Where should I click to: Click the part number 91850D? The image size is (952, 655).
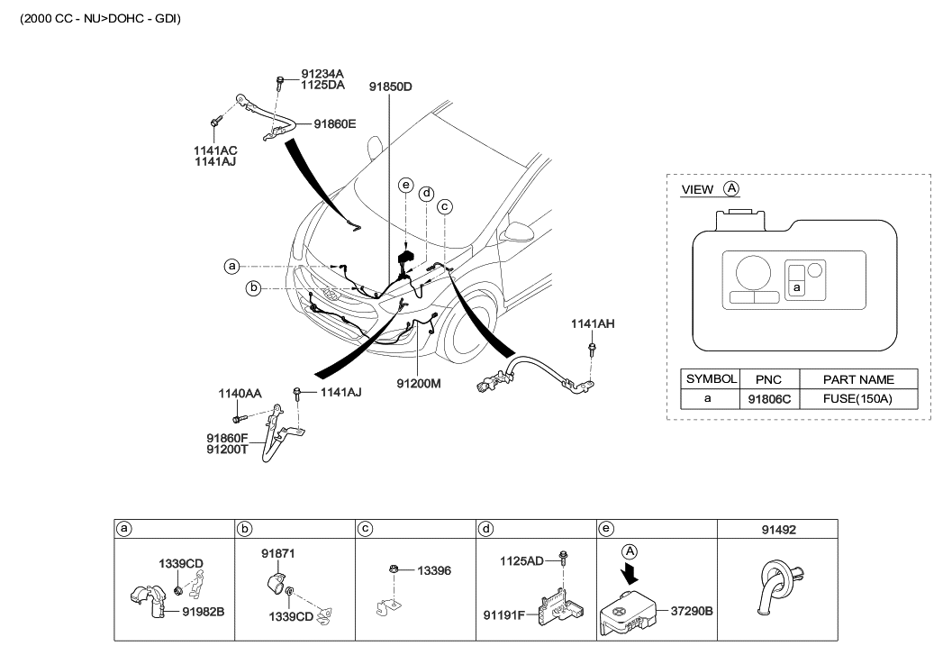pos(389,86)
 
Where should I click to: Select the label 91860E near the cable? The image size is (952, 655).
pos(334,124)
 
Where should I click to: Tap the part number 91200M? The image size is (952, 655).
pos(419,383)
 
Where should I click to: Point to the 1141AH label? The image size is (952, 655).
pos(592,323)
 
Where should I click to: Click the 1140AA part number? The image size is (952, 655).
pos(240,393)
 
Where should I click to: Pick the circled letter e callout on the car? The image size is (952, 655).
pos(406,186)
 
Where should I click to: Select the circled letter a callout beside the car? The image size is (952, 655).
pos(231,267)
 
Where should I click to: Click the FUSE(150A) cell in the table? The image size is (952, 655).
pos(858,398)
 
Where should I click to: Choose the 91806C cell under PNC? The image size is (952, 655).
pos(768,398)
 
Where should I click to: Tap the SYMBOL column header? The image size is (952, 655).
pos(711,379)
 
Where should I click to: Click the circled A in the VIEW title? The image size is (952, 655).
pos(731,189)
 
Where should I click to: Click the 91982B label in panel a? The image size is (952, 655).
pos(203,611)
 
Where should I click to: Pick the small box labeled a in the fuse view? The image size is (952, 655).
pos(796,287)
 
